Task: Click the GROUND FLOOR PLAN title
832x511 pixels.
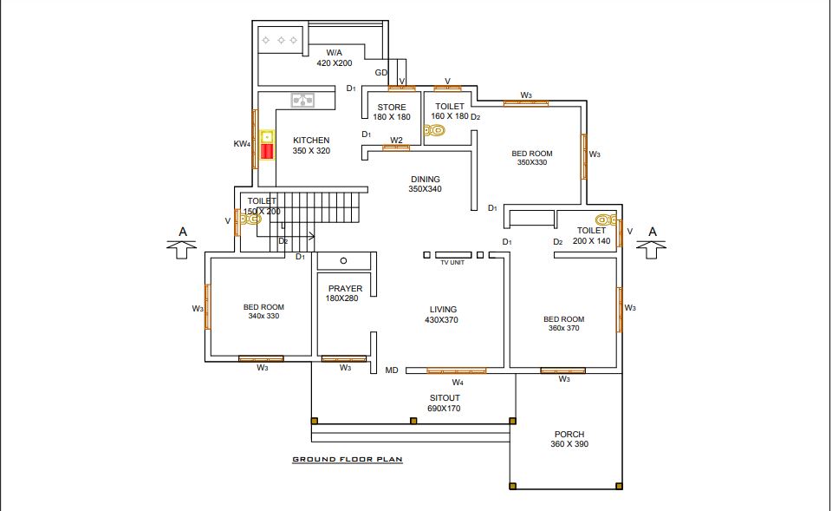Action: pyautogui.click(x=348, y=460)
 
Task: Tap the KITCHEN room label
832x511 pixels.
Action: pyautogui.click(x=311, y=141)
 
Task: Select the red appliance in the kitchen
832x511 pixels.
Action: pyautogui.click(x=267, y=151)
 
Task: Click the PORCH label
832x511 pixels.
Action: pyautogui.click(x=569, y=434)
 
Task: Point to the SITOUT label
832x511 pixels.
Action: pyautogui.click(x=445, y=398)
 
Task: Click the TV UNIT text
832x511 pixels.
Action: pyautogui.click(x=452, y=262)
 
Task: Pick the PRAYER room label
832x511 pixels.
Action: pyautogui.click(x=346, y=288)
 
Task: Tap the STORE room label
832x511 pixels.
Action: pyautogui.click(x=392, y=108)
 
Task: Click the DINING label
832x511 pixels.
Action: pyautogui.click(x=425, y=179)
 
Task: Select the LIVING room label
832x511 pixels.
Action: pyautogui.click(x=443, y=309)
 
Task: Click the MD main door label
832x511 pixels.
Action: pyautogui.click(x=392, y=370)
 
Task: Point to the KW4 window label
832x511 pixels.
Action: pyautogui.click(x=242, y=144)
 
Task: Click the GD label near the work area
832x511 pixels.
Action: pyautogui.click(x=381, y=73)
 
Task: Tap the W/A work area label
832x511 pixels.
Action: pyautogui.click(x=335, y=53)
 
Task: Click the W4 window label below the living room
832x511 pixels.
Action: pyautogui.click(x=458, y=383)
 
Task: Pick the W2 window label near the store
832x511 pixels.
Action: pyautogui.click(x=396, y=141)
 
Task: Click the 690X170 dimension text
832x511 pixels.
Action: pyautogui.click(x=444, y=409)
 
